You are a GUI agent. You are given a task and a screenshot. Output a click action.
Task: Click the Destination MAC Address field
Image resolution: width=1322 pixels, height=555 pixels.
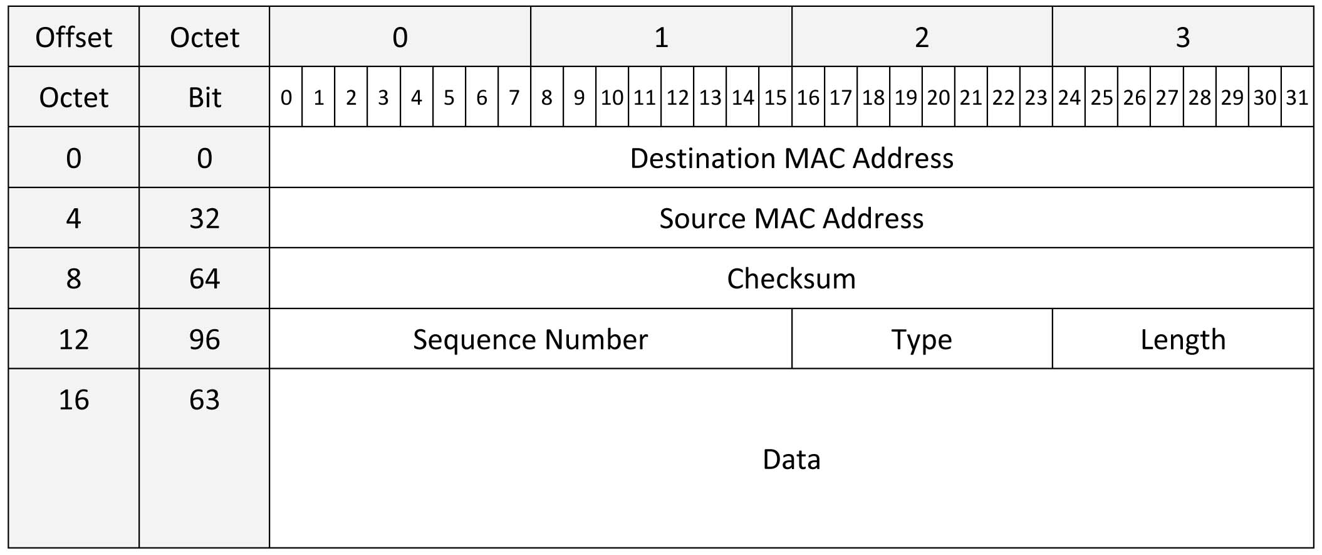tap(791, 157)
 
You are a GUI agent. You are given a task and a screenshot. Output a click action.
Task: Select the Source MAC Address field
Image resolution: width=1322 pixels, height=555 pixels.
tap(791, 218)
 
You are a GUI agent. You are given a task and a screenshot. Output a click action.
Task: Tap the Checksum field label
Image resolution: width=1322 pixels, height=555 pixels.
tap(791, 278)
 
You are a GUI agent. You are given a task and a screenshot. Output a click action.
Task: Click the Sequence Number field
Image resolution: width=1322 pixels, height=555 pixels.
tap(531, 339)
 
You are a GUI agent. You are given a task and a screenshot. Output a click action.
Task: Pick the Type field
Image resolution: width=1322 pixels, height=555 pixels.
tap(922, 339)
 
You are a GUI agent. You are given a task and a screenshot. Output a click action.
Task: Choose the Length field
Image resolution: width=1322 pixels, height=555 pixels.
tap(1183, 339)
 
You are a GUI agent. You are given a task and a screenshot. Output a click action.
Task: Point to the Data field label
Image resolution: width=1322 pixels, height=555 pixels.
tap(791, 459)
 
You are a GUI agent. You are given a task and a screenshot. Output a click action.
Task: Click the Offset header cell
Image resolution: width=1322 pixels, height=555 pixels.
tap(74, 37)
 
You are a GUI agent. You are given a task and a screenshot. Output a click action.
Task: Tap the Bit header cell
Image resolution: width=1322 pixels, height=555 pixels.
tap(204, 97)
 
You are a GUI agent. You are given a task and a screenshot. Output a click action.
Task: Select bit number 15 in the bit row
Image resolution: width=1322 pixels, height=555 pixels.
tap(775, 97)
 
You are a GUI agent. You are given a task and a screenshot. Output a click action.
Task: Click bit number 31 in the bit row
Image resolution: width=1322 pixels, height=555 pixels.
tap(1297, 97)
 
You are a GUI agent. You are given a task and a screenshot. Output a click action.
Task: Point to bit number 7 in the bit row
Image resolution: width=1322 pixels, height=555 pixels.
tap(514, 97)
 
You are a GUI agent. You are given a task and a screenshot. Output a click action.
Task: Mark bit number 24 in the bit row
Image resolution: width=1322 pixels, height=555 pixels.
tap(1069, 97)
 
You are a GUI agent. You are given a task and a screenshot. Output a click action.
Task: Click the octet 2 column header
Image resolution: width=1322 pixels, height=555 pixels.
tap(922, 37)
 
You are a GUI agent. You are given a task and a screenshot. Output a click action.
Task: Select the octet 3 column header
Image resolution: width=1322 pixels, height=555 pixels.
tap(1183, 37)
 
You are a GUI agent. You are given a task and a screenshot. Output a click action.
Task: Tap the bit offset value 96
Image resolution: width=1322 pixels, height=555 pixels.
tap(204, 339)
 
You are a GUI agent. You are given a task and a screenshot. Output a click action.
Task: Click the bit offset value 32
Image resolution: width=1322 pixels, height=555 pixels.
tap(204, 218)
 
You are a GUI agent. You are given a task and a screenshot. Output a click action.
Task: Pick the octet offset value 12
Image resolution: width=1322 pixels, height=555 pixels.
tap(74, 339)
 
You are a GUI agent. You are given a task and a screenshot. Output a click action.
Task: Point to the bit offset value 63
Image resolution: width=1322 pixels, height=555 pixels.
tap(204, 399)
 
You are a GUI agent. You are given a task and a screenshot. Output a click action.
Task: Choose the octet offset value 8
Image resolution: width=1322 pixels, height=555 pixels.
tap(74, 278)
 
